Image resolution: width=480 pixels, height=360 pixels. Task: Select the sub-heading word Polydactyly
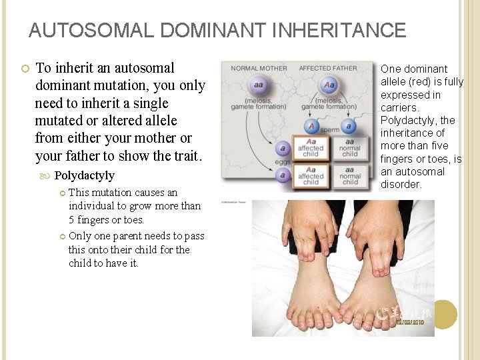coord(84,175)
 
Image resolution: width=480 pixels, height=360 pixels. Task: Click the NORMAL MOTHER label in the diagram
coord(259,68)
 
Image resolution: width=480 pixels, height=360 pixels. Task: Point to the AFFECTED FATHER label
coord(329,68)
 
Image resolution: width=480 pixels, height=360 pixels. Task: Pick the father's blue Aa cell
coord(329,85)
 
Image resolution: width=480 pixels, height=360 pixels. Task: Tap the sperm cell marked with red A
coord(311,127)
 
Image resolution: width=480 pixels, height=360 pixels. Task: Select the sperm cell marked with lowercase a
coord(349,127)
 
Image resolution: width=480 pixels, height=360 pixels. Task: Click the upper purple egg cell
coord(283,148)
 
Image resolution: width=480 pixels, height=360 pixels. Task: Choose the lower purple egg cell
coord(283,176)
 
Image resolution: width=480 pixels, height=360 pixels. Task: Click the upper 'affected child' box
coord(311,148)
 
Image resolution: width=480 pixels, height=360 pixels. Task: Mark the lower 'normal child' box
coord(349,177)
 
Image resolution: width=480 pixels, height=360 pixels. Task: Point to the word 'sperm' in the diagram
coord(330,129)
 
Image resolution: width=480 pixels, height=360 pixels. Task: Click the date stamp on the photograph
coord(409,322)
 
